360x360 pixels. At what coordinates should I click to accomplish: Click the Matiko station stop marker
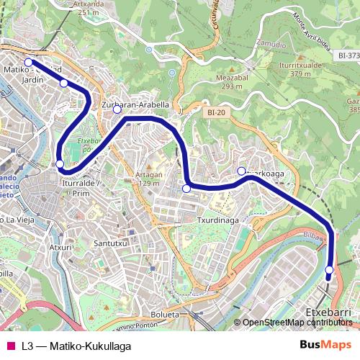pyautogui.click(x=29, y=63)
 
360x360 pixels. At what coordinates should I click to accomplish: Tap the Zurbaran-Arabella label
pyautogui.click(x=135, y=104)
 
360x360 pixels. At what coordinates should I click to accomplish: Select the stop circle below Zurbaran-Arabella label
pyautogui.click(x=117, y=111)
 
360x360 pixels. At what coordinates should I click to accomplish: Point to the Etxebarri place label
pyautogui.click(x=328, y=313)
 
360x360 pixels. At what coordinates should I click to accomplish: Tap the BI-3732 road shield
pyautogui.click(x=348, y=55)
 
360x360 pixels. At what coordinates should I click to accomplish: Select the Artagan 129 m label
pyautogui.click(x=148, y=179)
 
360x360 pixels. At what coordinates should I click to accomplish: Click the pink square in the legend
pyautogui.click(x=10, y=346)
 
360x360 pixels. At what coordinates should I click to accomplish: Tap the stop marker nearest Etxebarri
pyautogui.click(x=329, y=271)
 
